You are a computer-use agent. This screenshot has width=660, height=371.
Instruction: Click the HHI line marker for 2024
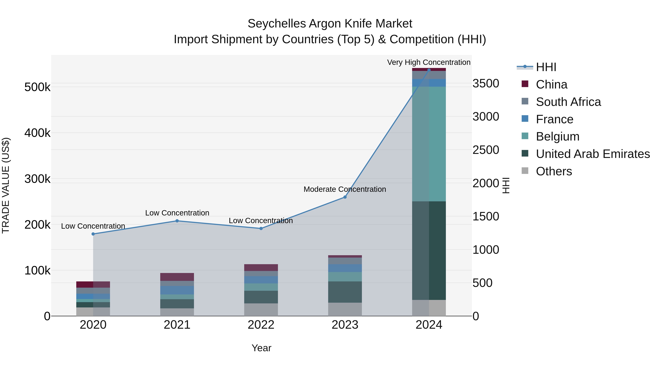coord(429,70)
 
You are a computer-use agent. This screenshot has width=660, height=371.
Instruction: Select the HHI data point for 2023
coord(345,197)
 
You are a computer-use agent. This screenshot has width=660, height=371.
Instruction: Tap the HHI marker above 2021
coord(177,221)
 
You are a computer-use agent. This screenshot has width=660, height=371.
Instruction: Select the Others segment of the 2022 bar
coord(261,310)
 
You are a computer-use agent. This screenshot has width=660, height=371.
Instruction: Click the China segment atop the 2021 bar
coord(177,277)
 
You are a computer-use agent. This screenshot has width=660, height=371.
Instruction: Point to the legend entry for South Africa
coord(568,102)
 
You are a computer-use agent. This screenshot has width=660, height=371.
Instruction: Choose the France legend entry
coord(554,119)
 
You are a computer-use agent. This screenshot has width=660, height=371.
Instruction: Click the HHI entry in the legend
coord(546,67)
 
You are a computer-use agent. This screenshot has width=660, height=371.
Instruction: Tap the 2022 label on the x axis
coord(261,325)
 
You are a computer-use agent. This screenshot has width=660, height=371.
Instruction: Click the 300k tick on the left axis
coord(37,179)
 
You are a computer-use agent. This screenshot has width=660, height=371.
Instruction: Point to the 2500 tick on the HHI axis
coord(485,150)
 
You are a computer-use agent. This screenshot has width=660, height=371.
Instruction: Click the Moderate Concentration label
coord(345,189)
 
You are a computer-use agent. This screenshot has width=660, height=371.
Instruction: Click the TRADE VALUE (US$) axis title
coord(6,185)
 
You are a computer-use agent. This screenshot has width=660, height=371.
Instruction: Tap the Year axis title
coord(261,348)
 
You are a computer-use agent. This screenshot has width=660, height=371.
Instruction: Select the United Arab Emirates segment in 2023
coord(345,292)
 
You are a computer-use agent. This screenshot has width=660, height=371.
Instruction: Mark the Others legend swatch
coord(525,171)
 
